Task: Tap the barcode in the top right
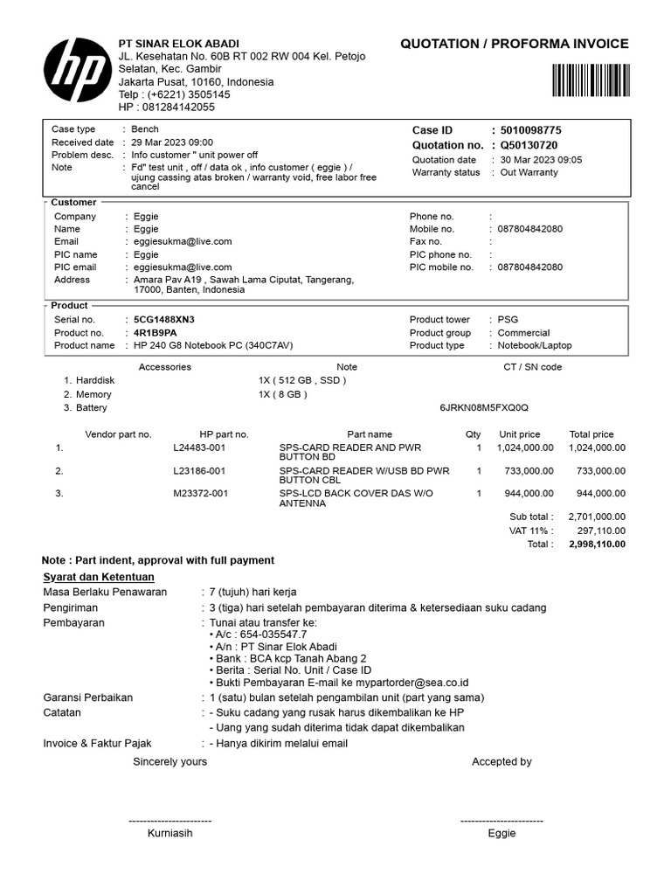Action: coord(590,80)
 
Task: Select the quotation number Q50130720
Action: coord(529,145)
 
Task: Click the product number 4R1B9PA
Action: coord(155,333)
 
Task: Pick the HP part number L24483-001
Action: coord(199,447)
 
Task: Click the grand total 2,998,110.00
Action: coord(597,544)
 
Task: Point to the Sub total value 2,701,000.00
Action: coord(597,517)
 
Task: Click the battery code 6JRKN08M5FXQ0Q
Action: coord(484,408)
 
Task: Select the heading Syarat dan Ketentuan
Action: coord(99,577)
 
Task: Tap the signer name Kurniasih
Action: coord(169,833)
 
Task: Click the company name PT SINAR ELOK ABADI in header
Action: coord(178,44)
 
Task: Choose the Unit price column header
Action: coord(519,434)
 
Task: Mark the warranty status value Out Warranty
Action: coord(529,172)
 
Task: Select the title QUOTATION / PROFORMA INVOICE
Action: coord(514,45)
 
